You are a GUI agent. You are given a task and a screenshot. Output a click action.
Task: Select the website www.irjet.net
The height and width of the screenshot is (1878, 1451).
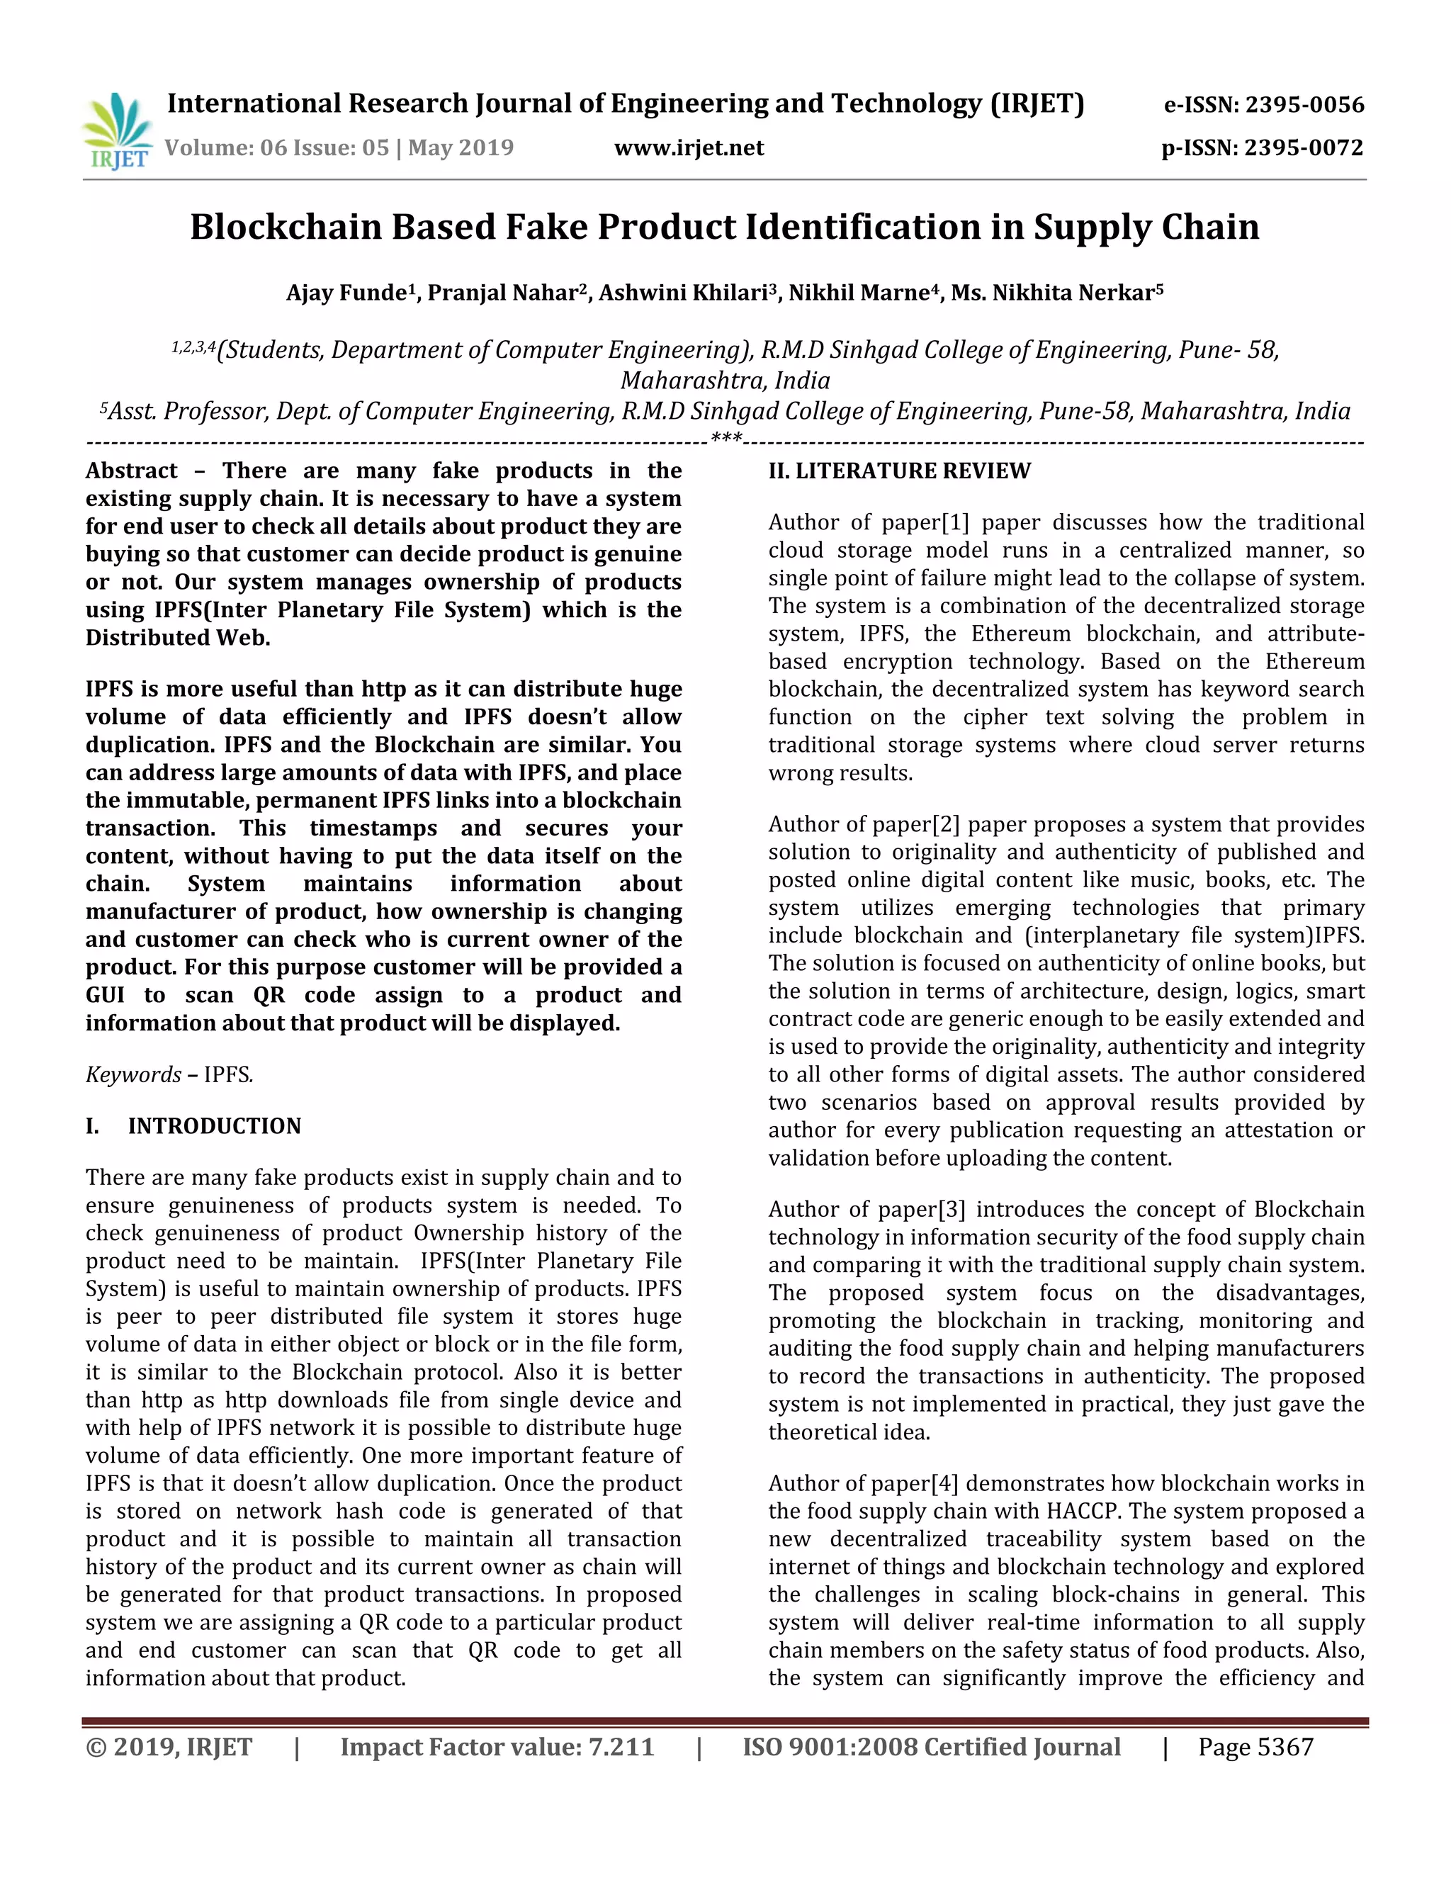coord(689,148)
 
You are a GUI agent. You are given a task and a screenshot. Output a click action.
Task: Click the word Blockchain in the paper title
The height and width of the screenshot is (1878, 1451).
coord(286,227)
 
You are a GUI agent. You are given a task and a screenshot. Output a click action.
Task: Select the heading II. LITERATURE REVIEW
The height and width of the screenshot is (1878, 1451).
coord(899,471)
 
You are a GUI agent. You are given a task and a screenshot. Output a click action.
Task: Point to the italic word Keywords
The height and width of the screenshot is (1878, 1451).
coord(133,1075)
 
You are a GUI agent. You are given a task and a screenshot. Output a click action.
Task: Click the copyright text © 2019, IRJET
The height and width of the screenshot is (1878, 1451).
coord(169,1748)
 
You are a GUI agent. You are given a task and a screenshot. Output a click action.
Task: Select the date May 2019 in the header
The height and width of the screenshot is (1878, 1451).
coord(460,148)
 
